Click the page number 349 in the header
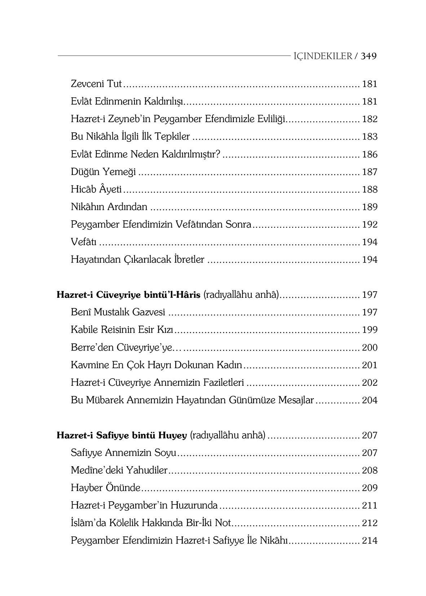tap(369, 56)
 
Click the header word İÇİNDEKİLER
tap(323, 56)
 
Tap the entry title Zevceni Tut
tap(97, 84)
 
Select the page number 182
tap(369, 119)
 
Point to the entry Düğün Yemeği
tap(103, 172)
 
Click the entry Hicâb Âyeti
tap(96, 189)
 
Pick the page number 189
tap(369, 207)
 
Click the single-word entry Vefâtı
tap(84, 242)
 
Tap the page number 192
tap(369, 225)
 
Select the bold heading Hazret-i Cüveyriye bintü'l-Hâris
tap(128, 295)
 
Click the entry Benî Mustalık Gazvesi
tap(118, 312)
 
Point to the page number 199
tap(369, 330)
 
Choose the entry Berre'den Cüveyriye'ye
tap(121, 348)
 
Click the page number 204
tap(369, 400)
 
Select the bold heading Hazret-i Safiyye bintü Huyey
tap(122, 436)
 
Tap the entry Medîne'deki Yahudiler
tap(119, 471)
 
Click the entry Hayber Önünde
tap(105, 488)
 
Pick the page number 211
tap(369, 506)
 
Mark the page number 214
tap(369, 541)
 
